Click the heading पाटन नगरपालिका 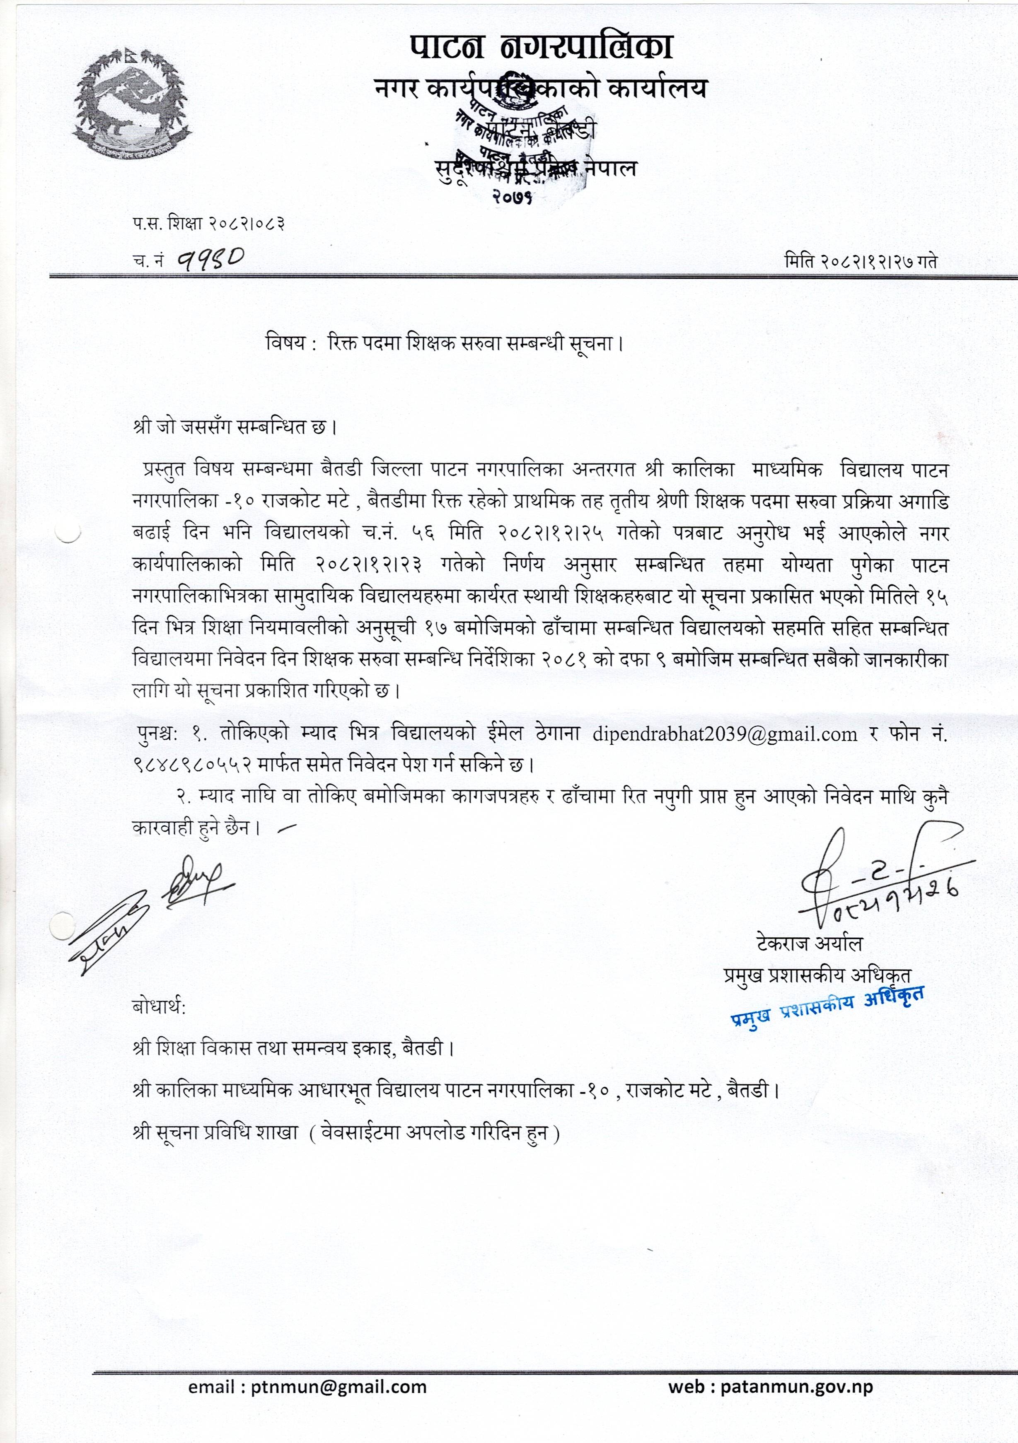tap(542, 47)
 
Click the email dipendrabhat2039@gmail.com tap(724, 734)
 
